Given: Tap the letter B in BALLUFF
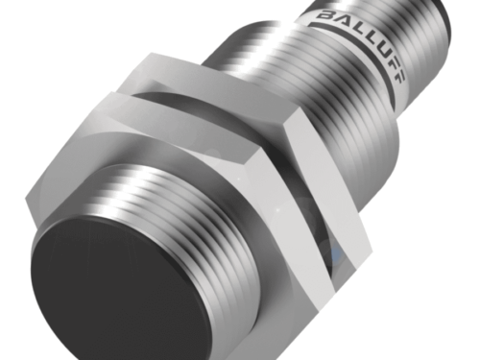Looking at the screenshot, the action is point(325,15).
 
